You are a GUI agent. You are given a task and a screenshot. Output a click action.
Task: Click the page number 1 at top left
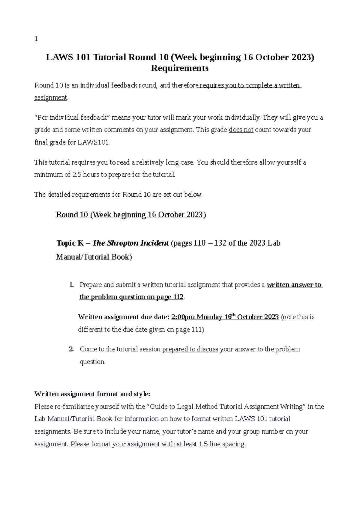[36, 39]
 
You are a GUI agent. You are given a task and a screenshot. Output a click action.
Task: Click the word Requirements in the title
[180, 68]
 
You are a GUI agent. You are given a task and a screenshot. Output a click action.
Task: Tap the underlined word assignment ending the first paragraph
[51, 98]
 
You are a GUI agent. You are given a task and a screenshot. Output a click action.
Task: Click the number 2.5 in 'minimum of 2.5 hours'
[77, 174]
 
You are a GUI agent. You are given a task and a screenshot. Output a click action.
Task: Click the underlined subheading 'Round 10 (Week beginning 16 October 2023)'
[131, 215]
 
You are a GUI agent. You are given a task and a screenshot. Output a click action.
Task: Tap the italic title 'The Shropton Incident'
[131, 243]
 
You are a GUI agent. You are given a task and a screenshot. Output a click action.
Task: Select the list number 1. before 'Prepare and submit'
[71, 285]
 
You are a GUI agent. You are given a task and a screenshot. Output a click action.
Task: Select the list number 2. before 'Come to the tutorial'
[71, 349]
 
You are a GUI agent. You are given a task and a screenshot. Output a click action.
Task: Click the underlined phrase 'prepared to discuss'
[190, 349]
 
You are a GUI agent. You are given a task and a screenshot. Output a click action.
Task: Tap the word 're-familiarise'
[74, 406]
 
